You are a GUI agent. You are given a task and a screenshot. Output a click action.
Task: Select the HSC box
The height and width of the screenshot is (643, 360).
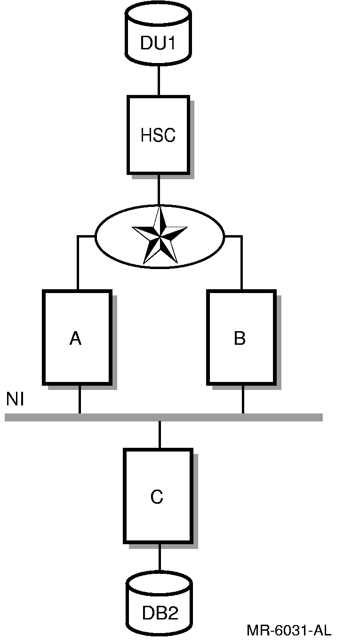point(158,135)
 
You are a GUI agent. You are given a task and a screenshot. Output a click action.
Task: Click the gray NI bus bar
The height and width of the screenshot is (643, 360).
point(282,417)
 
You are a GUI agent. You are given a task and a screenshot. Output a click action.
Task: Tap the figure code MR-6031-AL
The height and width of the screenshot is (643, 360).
point(288,630)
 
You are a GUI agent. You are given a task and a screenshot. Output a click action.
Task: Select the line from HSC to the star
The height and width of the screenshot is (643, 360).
point(159,191)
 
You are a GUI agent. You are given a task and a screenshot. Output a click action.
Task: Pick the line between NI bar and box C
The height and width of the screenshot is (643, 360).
point(160,435)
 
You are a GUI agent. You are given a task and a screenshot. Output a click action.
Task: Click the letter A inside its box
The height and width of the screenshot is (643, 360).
point(75,338)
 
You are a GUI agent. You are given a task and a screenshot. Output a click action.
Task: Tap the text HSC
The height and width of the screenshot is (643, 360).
point(158,135)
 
